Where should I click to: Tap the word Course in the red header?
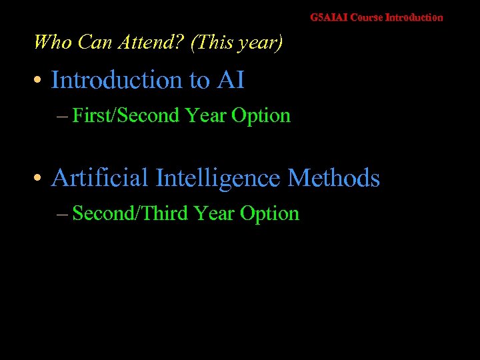tap(367, 17)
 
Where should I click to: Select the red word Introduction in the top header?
tap(414, 17)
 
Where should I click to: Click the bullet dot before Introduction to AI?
tap(39, 81)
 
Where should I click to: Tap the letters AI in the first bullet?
tap(230, 80)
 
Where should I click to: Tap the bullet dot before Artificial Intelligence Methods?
tap(39, 179)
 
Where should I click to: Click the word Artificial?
tap(99, 178)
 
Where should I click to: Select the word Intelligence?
tap(218, 178)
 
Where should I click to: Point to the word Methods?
tap(334, 178)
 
